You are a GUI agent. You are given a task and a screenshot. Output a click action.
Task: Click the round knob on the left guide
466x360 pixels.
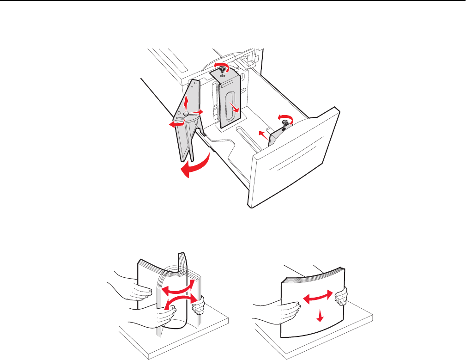pos(186,113)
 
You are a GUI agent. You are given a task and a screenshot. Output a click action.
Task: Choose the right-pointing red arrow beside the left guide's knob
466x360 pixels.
pos(197,111)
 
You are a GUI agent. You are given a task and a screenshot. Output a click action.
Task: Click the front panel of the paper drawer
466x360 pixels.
pos(296,162)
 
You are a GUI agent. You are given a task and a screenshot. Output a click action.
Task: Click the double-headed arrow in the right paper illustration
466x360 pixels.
pos(318,297)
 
